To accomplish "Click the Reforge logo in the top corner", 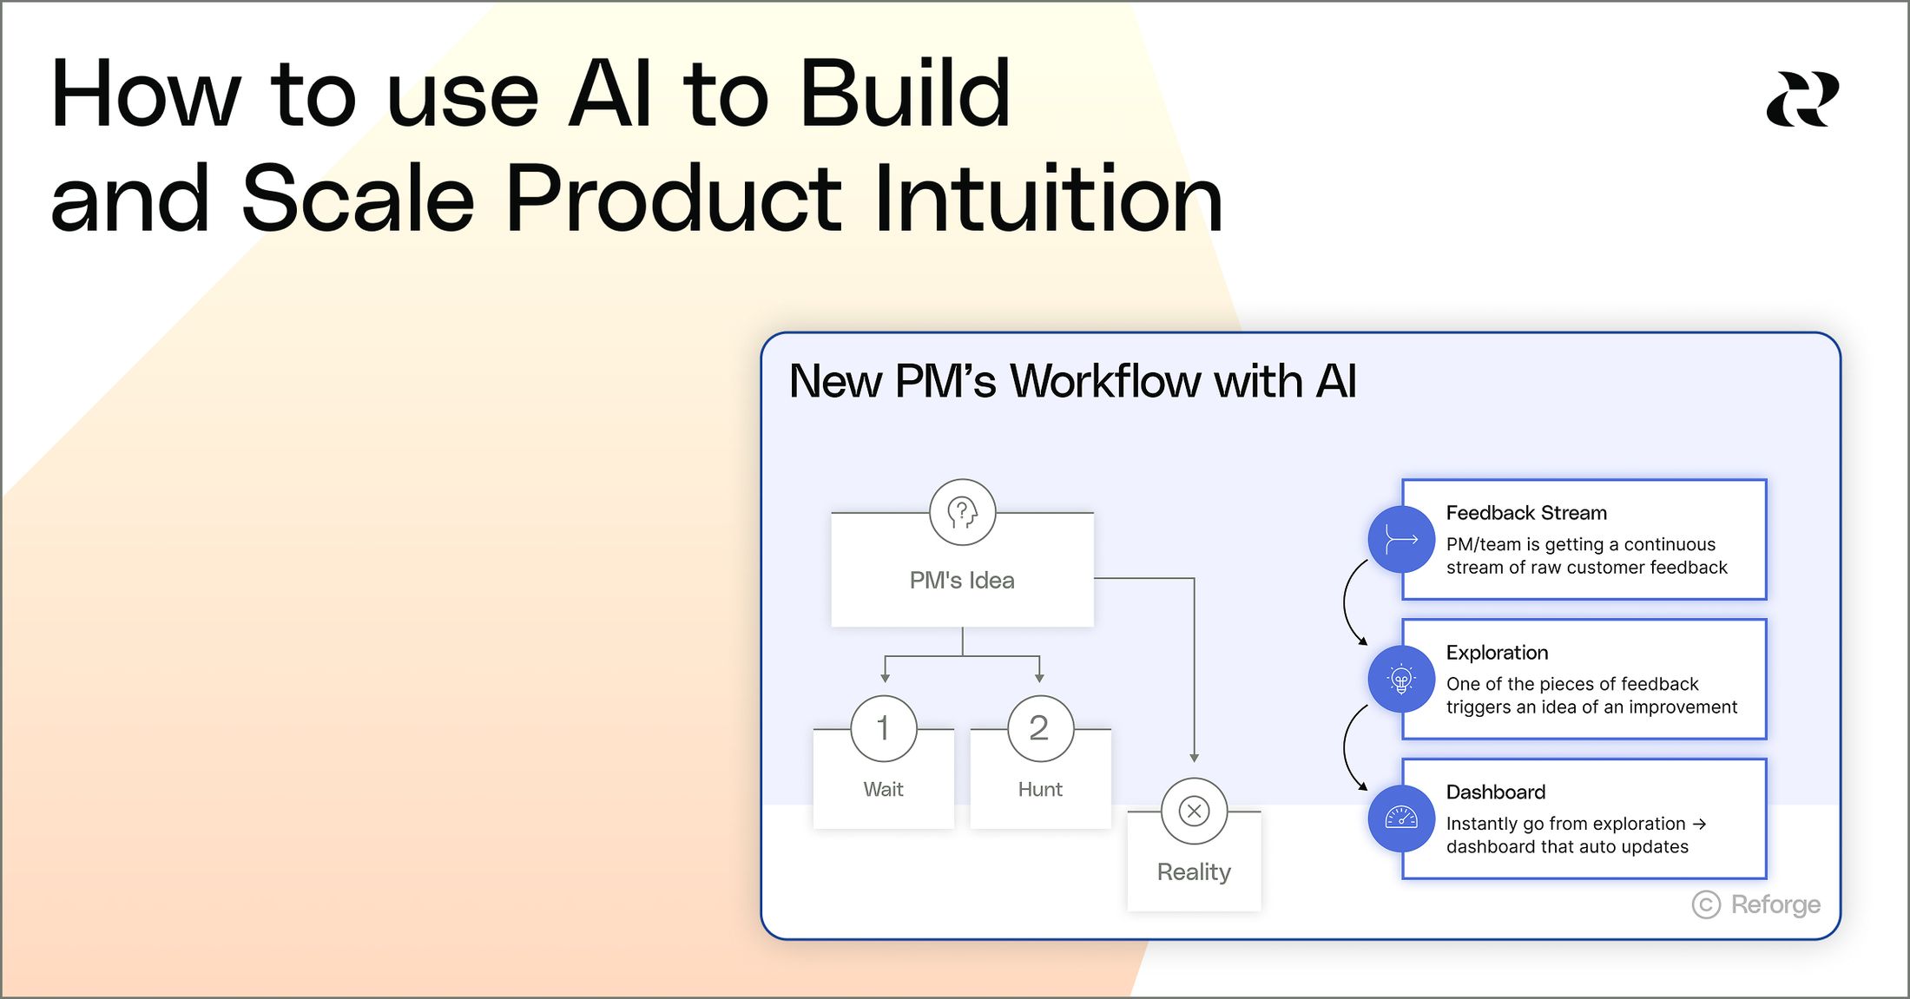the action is coord(1802,99).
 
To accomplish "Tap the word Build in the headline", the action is coord(905,94).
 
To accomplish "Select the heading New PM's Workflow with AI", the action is coord(1072,381).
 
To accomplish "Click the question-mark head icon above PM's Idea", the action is coord(962,512).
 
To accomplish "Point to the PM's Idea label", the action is coord(962,580).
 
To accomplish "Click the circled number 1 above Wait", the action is coord(884,728).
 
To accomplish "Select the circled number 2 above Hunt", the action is coord(1040,728).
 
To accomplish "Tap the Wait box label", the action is coord(884,789).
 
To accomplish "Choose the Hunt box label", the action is coord(1040,789).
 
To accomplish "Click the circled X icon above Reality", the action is coord(1194,811).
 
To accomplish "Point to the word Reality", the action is coord(1194,871).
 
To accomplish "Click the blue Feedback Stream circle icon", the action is coord(1401,539).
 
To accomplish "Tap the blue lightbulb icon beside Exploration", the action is coord(1401,679).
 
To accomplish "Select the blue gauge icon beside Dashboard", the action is coord(1401,818).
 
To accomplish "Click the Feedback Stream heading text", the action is coord(1526,513).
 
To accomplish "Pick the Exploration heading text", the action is coord(1498,653).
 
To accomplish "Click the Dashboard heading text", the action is coord(1496,792).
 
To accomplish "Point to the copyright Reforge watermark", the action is coord(1755,904).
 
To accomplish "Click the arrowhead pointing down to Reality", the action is coord(1194,758).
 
